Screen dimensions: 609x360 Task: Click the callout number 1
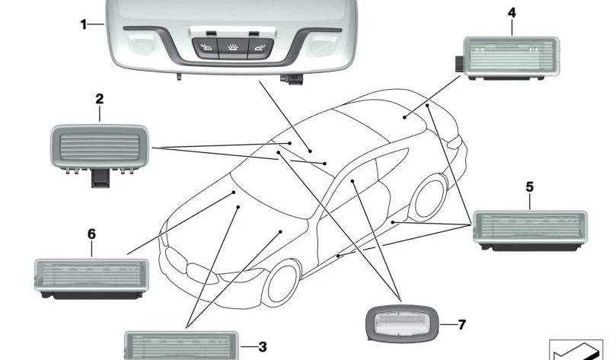pyautogui.click(x=83, y=24)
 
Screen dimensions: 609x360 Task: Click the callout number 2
pyautogui.click(x=100, y=99)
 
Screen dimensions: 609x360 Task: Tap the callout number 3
pyautogui.click(x=263, y=347)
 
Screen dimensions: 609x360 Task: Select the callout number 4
pyautogui.click(x=512, y=13)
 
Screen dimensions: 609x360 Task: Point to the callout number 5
pyautogui.click(x=530, y=186)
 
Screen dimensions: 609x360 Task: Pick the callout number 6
pyautogui.click(x=91, y=234)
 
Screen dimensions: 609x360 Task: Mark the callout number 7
pyautogui.click(x=461, y=324)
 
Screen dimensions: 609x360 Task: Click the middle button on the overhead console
pyautogui.click(x=233, y=48)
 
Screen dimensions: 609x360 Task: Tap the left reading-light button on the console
pyautogui.click(x=206, y=48)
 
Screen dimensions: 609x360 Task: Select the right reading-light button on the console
pyautogui.click(x=260, y=48)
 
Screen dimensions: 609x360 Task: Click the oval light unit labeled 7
pyautogui.click(x=402, y=323)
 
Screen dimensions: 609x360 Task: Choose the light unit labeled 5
pyautogui.click(x=530, y=231)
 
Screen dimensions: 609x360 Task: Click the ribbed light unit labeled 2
pyautogui.click(x=100, y=147)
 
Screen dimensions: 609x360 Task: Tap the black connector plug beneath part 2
pyautogui.click(x=100, y=179)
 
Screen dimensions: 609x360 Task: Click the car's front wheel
pyautogui.click(x=281, y=283)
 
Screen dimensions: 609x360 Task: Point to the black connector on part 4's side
pyautogui.click(x=460, y=64)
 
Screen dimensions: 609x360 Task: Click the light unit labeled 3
pyautogui.click(x=181, y=346)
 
